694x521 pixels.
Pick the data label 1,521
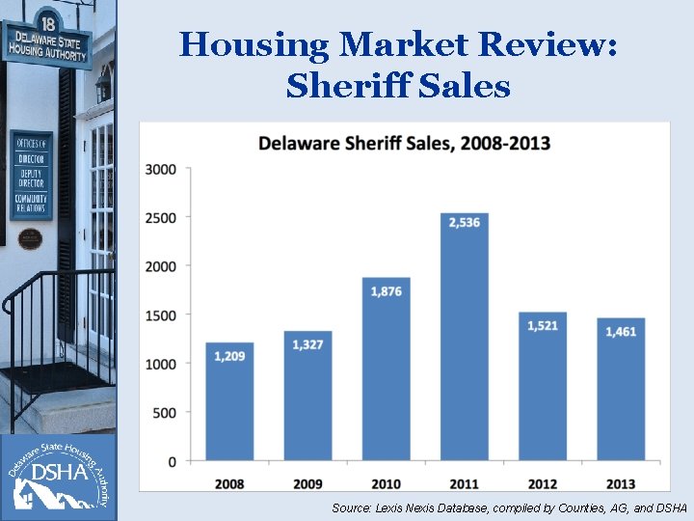pos(543,326)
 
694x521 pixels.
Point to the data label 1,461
pos(621,332)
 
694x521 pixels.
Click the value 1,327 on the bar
pos(307,344)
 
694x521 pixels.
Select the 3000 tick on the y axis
pos(160,169)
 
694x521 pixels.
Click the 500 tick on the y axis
pos(164,413)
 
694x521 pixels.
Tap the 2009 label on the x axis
pos(307,482)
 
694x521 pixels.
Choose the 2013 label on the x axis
pos(621,482)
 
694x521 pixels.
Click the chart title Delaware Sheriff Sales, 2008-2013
pos(404,144)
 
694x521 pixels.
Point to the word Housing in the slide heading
pos(254,44)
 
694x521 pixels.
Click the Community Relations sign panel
pos(31,204)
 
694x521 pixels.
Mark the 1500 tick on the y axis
pos(160,315)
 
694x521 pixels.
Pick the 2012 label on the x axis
pos(543,482)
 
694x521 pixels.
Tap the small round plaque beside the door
pos(31,237)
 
